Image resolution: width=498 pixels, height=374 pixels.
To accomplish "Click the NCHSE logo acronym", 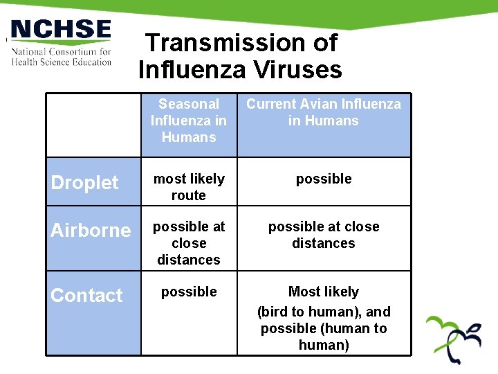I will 60,30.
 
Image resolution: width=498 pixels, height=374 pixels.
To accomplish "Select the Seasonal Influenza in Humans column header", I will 189,121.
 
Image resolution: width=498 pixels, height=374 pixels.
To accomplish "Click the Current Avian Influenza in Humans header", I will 324,112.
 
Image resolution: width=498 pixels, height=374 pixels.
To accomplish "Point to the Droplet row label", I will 85,183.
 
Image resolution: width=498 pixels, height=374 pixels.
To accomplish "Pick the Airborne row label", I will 91,231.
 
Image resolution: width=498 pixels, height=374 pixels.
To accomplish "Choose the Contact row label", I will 86,296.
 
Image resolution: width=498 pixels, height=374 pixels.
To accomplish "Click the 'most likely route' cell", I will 189,187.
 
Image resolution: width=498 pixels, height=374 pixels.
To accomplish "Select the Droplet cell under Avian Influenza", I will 324,179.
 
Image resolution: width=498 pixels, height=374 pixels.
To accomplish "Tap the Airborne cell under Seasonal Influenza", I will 189,243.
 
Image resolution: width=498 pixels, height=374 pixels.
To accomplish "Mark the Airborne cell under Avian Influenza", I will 324,235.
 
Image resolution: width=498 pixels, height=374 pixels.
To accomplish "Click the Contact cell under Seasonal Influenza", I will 189,292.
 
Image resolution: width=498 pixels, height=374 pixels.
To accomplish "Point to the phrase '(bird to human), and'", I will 324,312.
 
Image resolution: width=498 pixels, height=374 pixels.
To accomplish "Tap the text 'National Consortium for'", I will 61,52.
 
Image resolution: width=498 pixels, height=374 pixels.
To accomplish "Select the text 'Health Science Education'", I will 61,62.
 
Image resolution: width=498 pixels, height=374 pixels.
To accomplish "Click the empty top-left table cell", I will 93,125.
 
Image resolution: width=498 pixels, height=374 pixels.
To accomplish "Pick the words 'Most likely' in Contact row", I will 324,292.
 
